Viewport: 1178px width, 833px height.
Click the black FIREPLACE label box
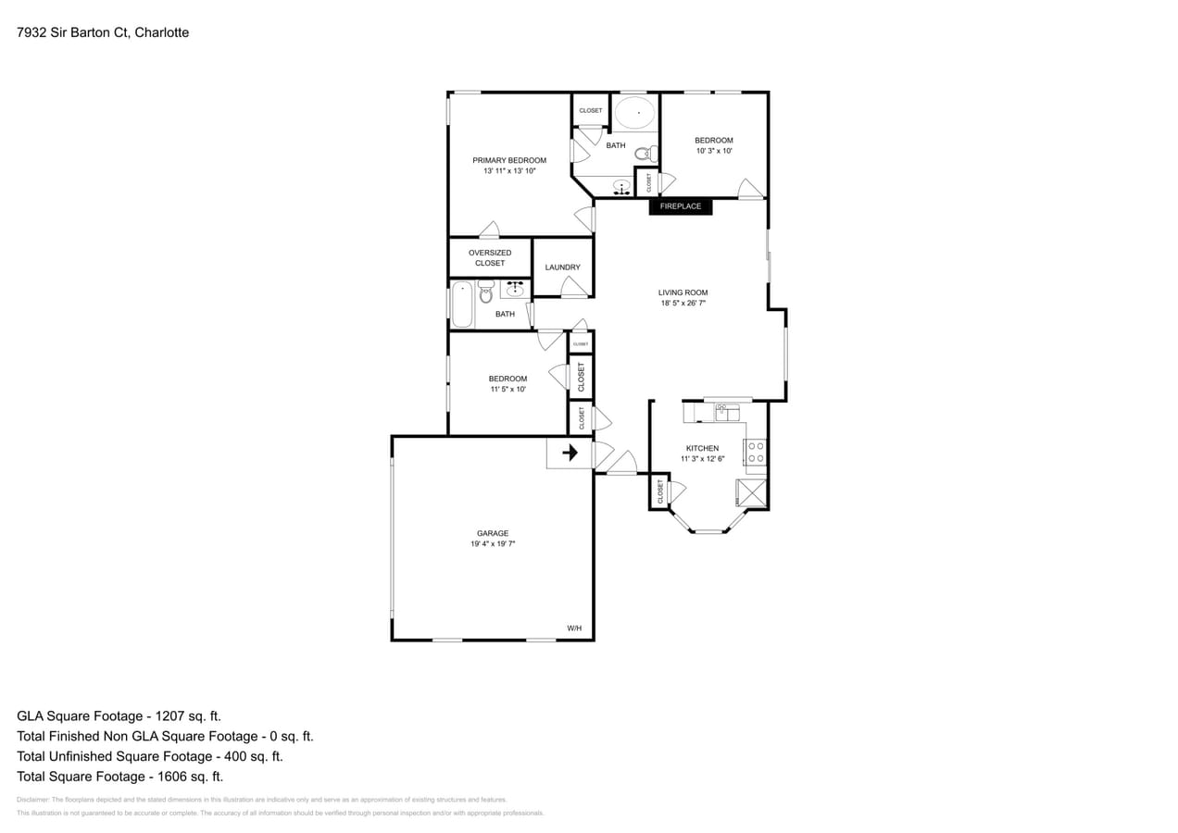681,206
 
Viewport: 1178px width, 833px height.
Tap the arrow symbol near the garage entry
570,453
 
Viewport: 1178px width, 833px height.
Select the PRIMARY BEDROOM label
509,160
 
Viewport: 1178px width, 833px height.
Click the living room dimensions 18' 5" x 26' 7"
683,304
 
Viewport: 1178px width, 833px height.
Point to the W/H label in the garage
574,628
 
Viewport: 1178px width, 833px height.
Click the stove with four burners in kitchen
756,452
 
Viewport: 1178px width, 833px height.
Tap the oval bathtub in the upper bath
634,113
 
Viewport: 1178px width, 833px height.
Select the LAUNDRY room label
562,267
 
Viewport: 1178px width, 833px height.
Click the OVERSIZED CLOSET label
490,258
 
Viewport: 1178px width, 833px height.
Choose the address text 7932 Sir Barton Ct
103,32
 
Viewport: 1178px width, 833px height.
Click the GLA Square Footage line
119,715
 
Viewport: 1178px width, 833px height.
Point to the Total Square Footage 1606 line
119,777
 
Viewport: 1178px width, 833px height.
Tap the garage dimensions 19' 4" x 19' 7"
493,544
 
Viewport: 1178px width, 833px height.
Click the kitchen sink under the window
727,412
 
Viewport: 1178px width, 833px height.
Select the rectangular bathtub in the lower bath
462,305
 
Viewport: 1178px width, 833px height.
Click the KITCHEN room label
702,448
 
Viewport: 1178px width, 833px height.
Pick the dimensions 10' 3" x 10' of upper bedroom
714,151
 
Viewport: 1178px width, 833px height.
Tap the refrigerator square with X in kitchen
751,492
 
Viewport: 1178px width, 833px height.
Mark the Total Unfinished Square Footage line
149,756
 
